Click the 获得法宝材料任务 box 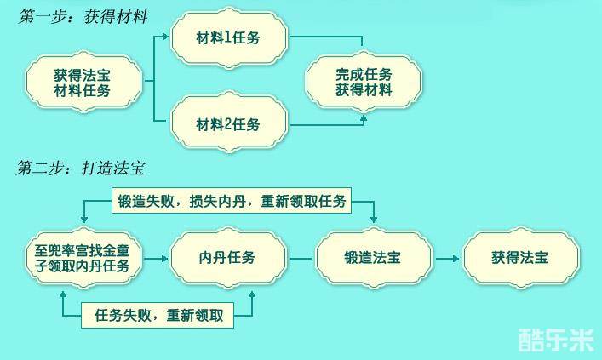(83, 82)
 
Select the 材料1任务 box (228, 38)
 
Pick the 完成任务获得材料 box (364, 82)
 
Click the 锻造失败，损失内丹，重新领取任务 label (230, 202)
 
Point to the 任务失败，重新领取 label (158, 315)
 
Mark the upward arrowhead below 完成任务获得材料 (364, 119)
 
